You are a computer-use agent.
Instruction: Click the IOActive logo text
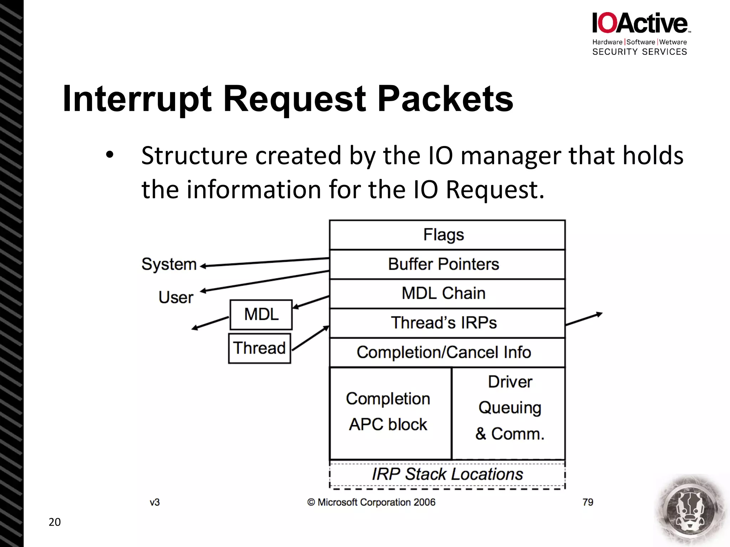[x=640, y=24]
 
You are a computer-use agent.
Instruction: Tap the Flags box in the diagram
[x=447, y=235]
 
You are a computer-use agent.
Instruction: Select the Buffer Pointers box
[x=447, y=264]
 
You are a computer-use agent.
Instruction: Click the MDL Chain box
[x=447, y=293]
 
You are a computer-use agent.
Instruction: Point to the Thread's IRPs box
[x=447, y=323]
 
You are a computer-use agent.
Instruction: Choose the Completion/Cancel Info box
[x=447, y=352]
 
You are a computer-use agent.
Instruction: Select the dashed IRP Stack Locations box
[x=447, y=474]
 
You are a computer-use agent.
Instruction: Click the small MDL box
[x=261, y=314]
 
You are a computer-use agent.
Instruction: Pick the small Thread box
[x=259, y=348]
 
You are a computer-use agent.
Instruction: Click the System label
[x=169, y=264]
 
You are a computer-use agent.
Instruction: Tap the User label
[x=176, y=297]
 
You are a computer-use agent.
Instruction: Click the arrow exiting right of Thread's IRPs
[x=584, y=319]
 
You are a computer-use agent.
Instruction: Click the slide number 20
[x=55, y=522]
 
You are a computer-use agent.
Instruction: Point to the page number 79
[x=587, y=502]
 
